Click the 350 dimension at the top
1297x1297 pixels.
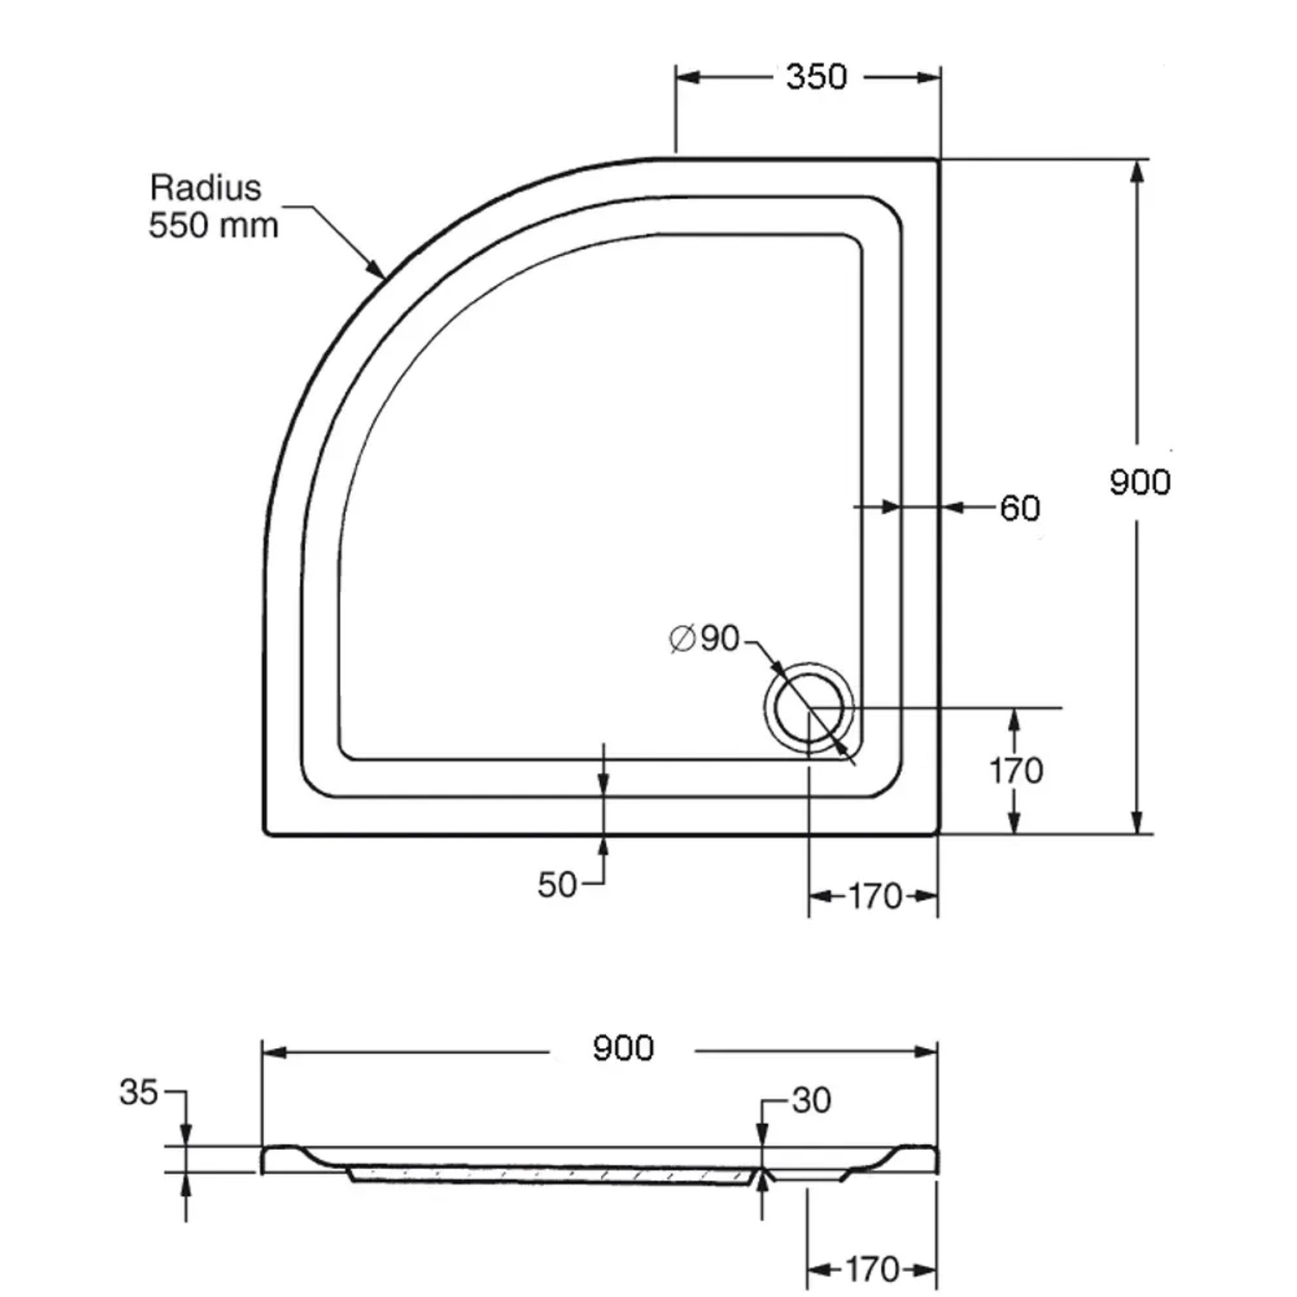click(x=816, y=77)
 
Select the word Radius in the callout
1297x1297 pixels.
click(x=205, y=188)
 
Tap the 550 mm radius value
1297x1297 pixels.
click(x=214, y=225)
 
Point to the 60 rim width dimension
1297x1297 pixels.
click(x=1019, y=508)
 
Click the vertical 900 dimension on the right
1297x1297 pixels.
click(x=1140, y=482)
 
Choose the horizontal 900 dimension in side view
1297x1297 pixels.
click(x=623, y=1048)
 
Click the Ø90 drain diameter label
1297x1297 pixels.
click(x=705, y=639)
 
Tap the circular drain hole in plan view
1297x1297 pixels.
click(x=808, y=708)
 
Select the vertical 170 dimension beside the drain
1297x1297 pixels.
click(x=1016, y=770)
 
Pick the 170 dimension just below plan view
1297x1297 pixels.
click(x=874, y=897)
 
